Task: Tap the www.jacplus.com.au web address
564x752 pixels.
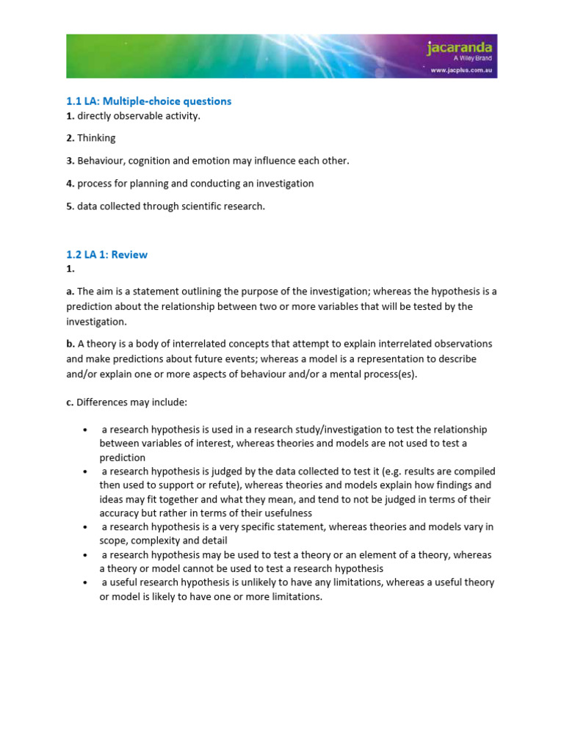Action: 460,71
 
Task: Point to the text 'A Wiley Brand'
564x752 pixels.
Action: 470,60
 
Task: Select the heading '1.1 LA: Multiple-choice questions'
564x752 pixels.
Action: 149,101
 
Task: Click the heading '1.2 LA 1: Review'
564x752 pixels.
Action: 107,255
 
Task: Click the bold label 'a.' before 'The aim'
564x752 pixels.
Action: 70,292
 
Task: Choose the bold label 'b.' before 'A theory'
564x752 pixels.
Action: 70,344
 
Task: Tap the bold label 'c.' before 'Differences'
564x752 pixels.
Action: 70,402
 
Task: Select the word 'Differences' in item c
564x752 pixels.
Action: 104,402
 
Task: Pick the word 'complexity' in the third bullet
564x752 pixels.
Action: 157,541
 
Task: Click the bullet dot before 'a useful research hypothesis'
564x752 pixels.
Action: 86,583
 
